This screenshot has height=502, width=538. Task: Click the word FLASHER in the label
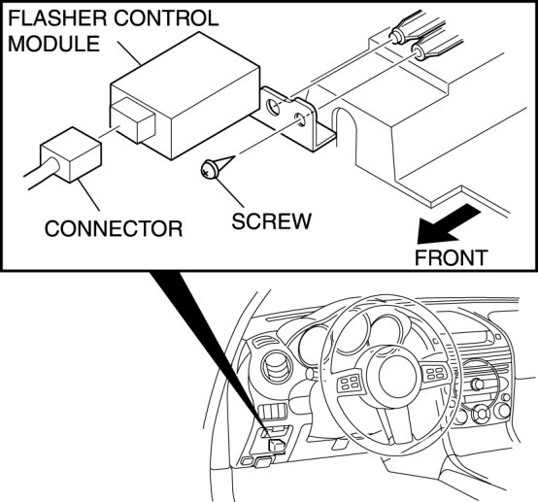(x=57, y=18)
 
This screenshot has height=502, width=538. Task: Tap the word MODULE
(x=53, y=44)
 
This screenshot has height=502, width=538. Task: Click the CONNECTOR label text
(x=114, y=228)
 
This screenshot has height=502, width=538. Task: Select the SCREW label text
(x=271, y=221)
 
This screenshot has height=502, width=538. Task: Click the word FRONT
(x=451, y=257)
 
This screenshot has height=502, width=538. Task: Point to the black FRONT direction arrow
(x=446, y=224)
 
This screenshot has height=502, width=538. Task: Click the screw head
(x=210, y=170)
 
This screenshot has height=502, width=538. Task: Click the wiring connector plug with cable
(x=65, y=158)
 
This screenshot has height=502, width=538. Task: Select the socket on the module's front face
(x=133, y=119)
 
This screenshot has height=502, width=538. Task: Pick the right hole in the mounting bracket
(x=300, y=119)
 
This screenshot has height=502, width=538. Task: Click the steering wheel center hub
(x=397, y=376)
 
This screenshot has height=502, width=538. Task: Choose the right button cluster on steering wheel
(x=435, y=373)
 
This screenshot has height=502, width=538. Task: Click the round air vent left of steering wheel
(x=277, y=367)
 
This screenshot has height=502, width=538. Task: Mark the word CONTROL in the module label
(x=166, y=18)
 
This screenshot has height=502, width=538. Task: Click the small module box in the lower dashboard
(x=277, y=445)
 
